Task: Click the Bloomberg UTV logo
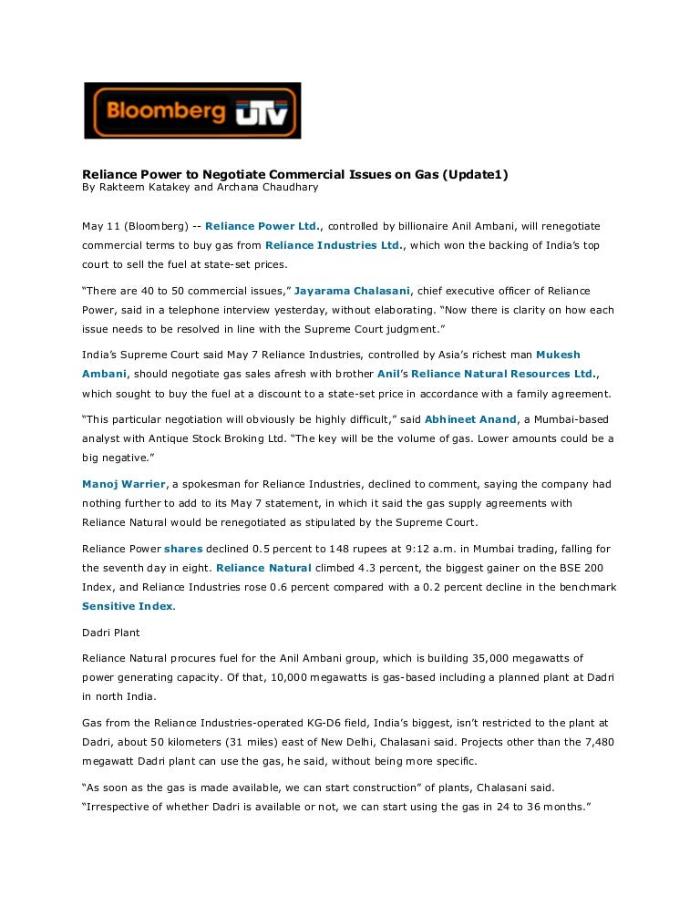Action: pyautogui.click(x=192, y=111)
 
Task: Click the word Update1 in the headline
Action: pyautogui.click(x=475, y=175)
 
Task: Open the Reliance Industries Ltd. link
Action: pyautogui.click(x=333, y=245)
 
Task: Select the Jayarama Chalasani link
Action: pyautogui.click(x=352, y=291)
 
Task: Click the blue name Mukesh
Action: pyautogui.click(x=558, y=355)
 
